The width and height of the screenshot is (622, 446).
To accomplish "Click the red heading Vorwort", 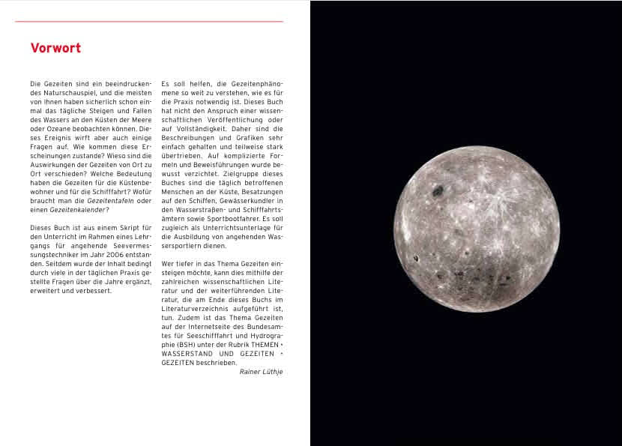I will tap(55, 49).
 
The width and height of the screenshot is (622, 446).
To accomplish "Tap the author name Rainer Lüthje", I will tap(261, 371).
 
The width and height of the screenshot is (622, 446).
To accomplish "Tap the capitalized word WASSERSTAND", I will tap(187, 354).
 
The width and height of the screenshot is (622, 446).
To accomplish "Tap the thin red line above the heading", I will tap(149, 21).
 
